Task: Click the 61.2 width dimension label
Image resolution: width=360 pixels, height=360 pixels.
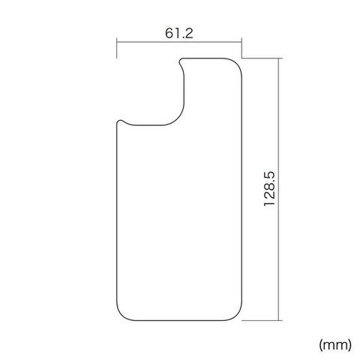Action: click(179, 33)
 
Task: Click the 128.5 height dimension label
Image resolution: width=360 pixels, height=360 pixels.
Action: click(269, 189)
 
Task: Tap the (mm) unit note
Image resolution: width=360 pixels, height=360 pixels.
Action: click(335, 345)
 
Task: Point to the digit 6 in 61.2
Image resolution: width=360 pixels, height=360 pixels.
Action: click(169, 33)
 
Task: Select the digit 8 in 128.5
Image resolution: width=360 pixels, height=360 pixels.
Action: click(269, 190)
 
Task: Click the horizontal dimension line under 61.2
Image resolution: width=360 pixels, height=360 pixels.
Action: click(179, 42)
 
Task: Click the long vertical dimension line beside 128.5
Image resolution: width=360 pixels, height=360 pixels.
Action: click(278, 189)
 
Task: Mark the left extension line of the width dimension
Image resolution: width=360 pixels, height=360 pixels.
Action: click(117, 48)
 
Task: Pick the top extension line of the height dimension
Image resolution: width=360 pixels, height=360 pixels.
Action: click(262, 58)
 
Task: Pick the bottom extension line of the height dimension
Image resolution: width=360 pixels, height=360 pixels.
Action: click(262, 320)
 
